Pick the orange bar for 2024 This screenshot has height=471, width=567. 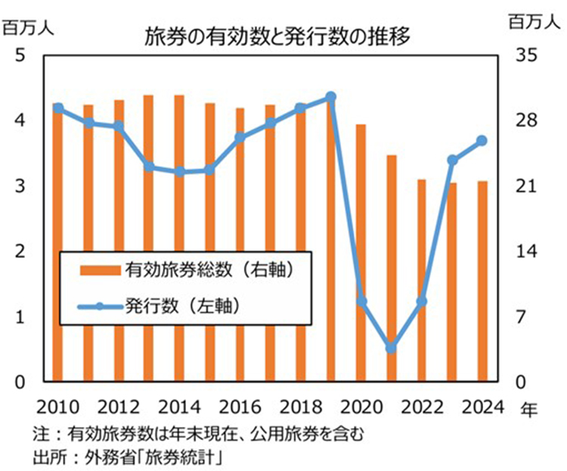(482, 281)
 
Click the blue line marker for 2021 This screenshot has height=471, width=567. (392, 348)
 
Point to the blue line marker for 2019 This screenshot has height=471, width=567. (330, 97)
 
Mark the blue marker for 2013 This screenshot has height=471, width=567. (149, 167)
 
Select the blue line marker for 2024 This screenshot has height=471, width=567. (482, 141)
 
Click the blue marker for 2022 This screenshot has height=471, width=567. (422, 301)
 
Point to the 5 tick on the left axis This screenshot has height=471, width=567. (20, 55)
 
